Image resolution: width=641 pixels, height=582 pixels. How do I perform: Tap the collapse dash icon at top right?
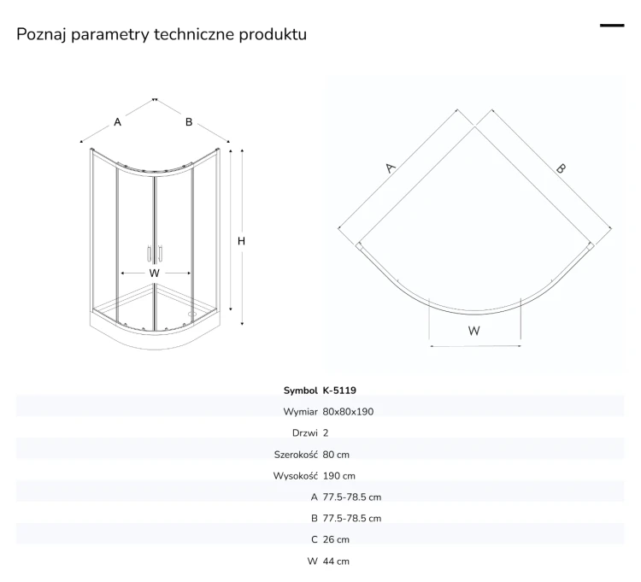(612, 26)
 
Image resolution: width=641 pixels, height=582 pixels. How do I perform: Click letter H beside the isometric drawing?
(241, 241)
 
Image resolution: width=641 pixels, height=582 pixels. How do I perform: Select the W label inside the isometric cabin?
(154, 273)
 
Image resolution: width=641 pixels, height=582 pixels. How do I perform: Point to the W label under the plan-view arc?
(473, 331)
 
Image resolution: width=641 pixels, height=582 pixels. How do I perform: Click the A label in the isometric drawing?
(117, 122)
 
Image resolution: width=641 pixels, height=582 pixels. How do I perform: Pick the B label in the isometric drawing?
(189, 122)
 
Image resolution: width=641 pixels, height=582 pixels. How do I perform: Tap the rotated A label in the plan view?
(391, 168)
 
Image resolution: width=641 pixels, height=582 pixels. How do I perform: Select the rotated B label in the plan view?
(561, 168)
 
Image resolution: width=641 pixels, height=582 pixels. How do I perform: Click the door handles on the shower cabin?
(155, 253)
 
